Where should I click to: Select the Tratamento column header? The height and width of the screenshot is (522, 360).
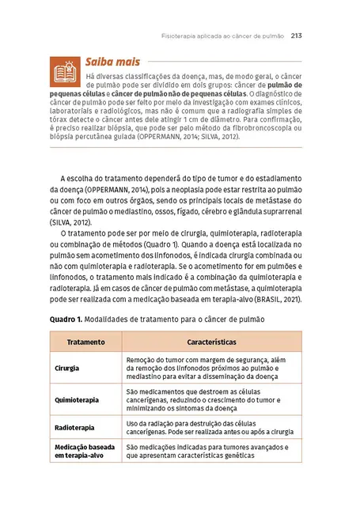click(x=85, y=342)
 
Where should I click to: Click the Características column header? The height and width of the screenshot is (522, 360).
click(x=211, y=342)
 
